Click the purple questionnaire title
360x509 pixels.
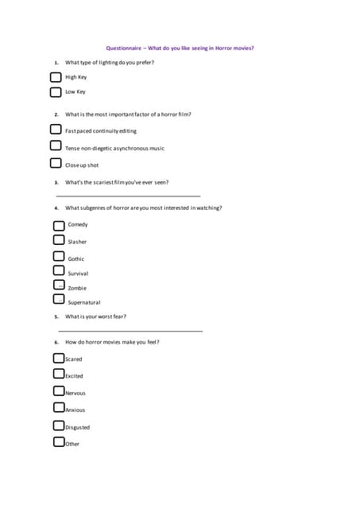(180, 48)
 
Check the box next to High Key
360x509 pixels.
(56, 77)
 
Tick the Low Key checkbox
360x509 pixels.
(56, 91)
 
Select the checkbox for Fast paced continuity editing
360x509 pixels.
(56, 130)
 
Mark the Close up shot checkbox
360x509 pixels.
(56, 164)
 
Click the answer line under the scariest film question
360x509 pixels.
(128, 196)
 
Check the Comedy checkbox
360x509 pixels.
(59, 225)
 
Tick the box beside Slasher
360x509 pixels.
(59, 240)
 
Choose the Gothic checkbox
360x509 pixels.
(59, 257)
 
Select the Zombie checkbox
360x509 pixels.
(59, 286)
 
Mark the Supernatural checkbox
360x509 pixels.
(59, 300)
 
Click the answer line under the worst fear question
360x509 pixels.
(130, 331)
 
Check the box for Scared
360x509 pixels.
(59, 359)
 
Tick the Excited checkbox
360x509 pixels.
(59, 375)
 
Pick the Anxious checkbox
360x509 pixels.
(59, 408)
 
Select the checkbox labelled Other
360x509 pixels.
(59, 442)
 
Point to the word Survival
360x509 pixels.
(78, 274)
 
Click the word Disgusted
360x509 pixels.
(78, 427)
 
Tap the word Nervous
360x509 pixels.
(75, 393)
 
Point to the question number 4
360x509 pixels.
(56, 208)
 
